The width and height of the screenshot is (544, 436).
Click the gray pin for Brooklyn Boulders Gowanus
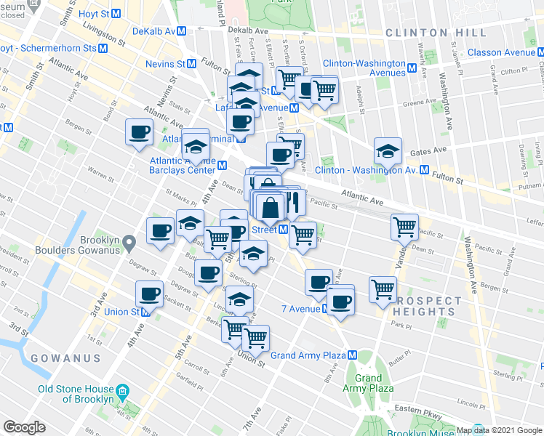tap(128, 241)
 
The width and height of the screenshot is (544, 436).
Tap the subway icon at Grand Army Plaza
tap(352, 355)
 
